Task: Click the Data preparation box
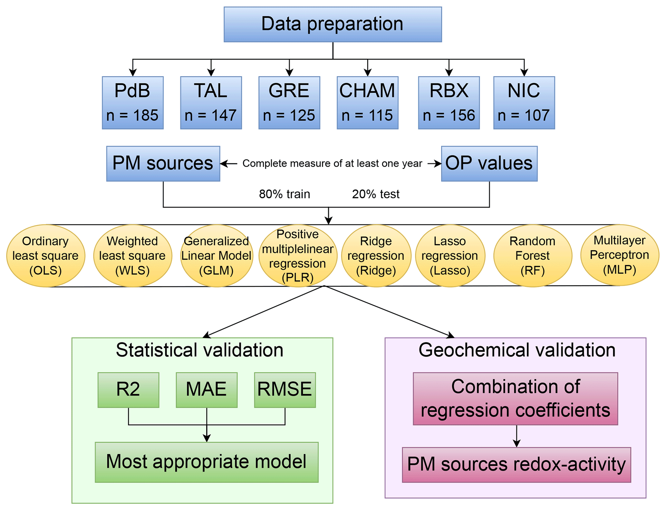pyautogui.click(x=333, y=25)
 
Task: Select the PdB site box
pyautogui.click(x=133, y=103)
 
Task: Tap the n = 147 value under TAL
pyautogui.click(x=211, y=115)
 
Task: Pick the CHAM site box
pyautogui.click(x=367, y=103)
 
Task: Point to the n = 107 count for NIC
pyautogui.click(x=524, y=115)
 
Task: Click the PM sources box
pyautogui.click(x=163, y=163)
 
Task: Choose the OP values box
pyautogui.click(x=489, y=163)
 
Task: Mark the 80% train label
pyautogui.click(x=285, y=194)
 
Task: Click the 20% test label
pyautogui.click(x=376, y=194)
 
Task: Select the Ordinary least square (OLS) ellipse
pyautogui.click(x=46, y=256)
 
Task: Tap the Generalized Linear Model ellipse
pyautogui.click(x=216, y=256)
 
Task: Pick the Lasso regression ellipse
pyautogui.click(x=450, y=256)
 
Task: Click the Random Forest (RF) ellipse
pyautogui.click(x=533, y=256)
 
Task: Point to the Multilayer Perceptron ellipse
pyautogui.click(x=619, y=255)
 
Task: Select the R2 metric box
pyautogui.click(x=128, y=390)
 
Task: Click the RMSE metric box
pyautogui.click(x=285, y=390)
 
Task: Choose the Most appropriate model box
pyautogui.click(x=207, y=462)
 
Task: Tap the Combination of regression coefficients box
pyautogui.click(x=515, y=399)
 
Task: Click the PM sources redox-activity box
pyautogui.click(x=516, y=465)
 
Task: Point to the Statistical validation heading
pyautogui.click(x=199, y=350)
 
